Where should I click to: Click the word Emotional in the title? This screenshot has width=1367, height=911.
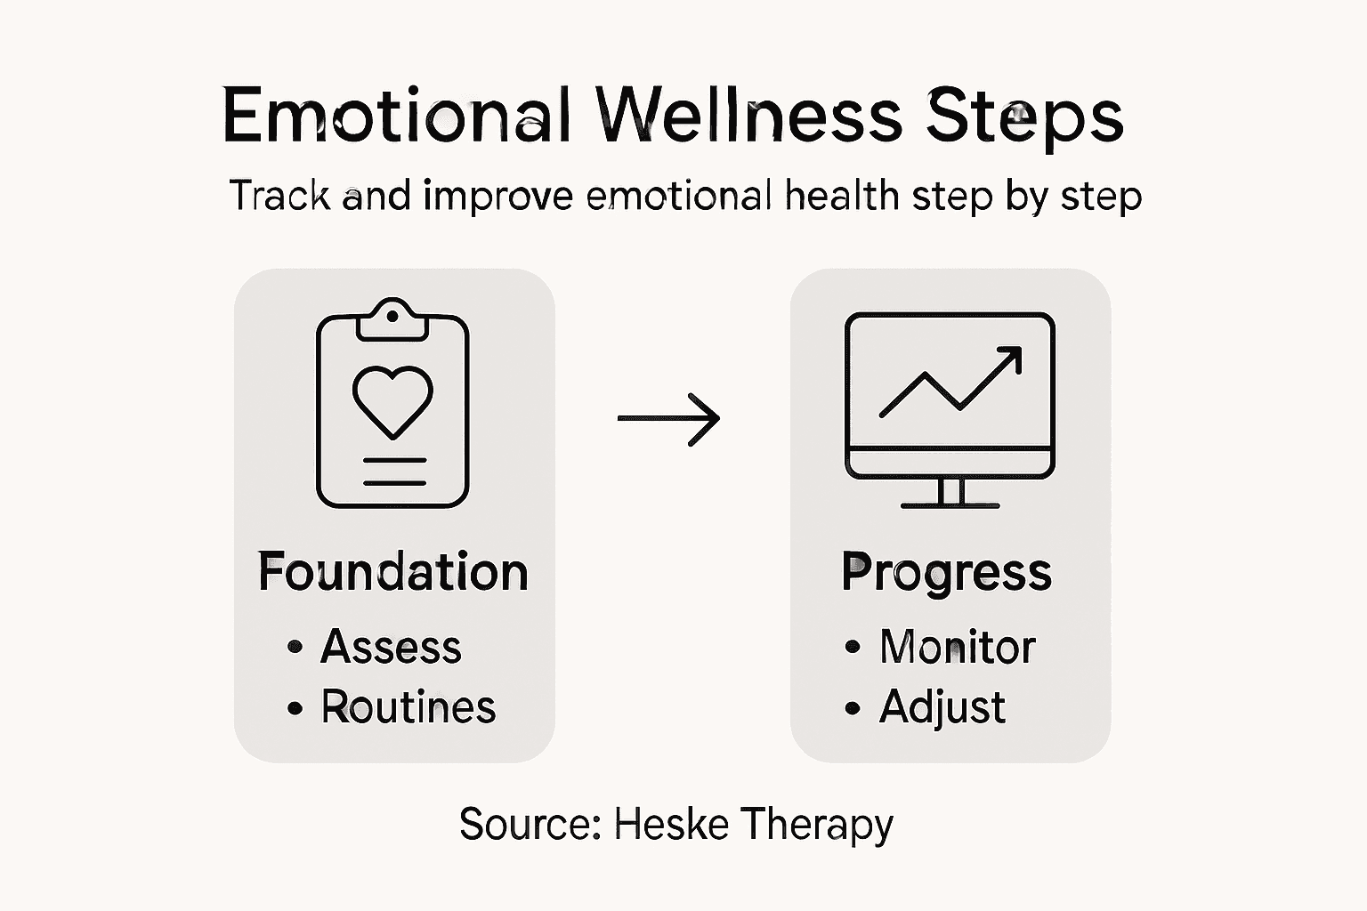(396, 116)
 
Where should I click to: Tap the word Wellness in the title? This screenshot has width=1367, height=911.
(750, 116)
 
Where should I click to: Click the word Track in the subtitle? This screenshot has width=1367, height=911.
(279, 196)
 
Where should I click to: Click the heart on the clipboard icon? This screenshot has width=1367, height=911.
(392, 401)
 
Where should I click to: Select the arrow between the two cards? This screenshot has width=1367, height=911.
(669, 418)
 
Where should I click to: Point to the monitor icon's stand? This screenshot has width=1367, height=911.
(950, 493)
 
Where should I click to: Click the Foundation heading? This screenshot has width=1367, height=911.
(392, 571)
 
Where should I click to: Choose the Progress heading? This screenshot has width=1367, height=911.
(947, 573)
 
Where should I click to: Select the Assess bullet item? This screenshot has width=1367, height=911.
(391, 647)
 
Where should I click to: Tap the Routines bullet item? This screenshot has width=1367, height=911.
(408, 707)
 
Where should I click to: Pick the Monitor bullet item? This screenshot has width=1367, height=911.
(957, 647)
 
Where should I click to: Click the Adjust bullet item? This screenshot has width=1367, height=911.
(942, 708)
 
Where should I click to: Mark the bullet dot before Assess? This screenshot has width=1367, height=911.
(295, 648)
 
